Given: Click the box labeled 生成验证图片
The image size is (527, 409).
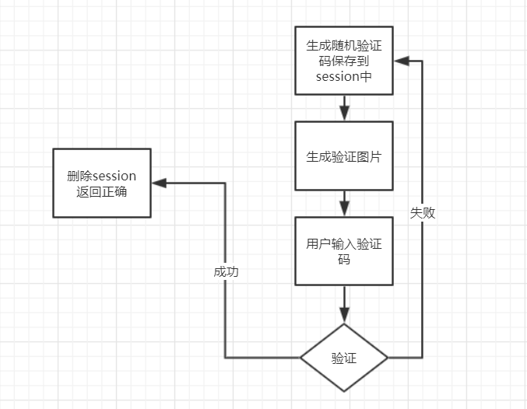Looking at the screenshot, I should point(343,156).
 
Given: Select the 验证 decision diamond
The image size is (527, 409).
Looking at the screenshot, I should point(343,358).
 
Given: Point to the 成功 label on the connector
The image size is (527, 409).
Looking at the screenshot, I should point(225,272).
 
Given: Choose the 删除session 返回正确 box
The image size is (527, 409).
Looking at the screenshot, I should point(101,183).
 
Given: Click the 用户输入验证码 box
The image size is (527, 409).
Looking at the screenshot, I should point(343,251).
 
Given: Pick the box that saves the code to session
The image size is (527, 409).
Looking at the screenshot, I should point(343,60).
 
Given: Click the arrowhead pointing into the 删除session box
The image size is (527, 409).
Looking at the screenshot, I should point(159,183).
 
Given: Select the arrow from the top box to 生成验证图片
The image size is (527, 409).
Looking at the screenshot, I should point(343,108).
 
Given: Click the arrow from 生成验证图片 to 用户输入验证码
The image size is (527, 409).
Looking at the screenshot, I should point(343,204).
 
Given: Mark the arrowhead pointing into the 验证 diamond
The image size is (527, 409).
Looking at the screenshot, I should point(343,313).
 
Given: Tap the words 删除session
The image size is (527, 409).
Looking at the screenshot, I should point(102,175).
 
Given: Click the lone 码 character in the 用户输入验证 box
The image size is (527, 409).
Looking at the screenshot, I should point(343,260).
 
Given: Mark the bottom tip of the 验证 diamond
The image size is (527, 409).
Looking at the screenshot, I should point(343,391).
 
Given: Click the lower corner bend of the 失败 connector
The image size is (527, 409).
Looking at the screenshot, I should point(423,358).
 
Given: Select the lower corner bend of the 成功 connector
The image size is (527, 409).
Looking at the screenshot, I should point(225,358).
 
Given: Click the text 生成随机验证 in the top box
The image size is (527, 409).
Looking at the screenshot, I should point(343,44).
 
